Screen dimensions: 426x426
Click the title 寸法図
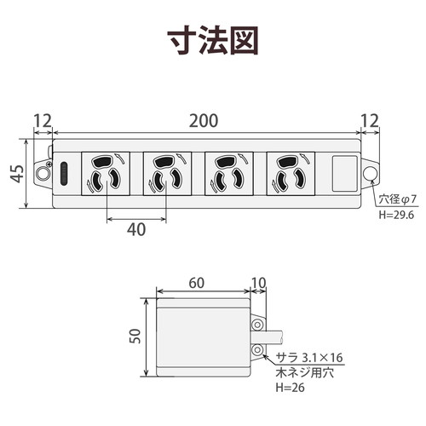pyautogui.click(x=213, y=40)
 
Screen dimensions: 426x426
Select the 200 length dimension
pyautogui.click(x=204, y=121)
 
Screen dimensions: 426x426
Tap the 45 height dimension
pyautogui.click(x=17, y=173)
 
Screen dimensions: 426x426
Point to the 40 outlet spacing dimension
pyautogui.click(x=136, y=229)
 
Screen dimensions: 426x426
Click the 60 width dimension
pyautogui.click(x=197, y=283)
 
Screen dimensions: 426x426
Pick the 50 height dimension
pyautogui.click(x=135, y=337)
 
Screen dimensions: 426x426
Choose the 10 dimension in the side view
pyautogui.click(x=259, y=283)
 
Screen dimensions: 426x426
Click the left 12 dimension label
pyautogui.click(x=43, y=121)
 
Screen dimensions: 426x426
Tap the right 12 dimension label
pyautogui.click(x=370, y=121)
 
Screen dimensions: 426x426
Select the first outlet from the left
pyautogui.click(x=106, y=174)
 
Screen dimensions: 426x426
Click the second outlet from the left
pyautogui.click(x=167, y=174)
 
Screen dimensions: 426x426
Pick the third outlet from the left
pyautogui.click(x=229, y=174)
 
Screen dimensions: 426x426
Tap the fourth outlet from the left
pyautogui.click(x=291, y=174)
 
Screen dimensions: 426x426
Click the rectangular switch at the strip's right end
pyautogui.click(x=344, y=173)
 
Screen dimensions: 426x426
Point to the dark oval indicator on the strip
pyautogui.click(x=64, y=174)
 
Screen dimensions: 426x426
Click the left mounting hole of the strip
pyautogui.click(x=43, y=173)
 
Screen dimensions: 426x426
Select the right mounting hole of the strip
pyautogui.click(x=371, y=173)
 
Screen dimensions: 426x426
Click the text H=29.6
pyautogui.click(x=396, y=215)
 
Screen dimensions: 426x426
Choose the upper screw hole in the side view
pyautogui.click(x=257, y=325)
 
